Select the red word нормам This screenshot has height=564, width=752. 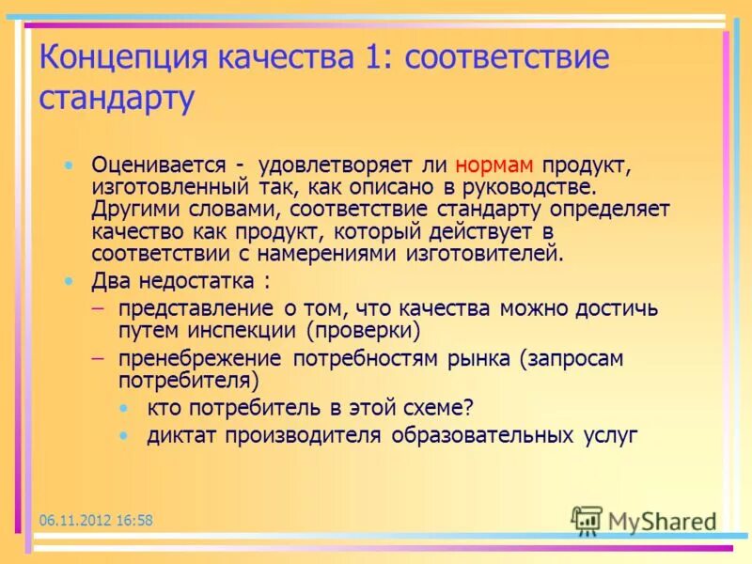click(496, 165)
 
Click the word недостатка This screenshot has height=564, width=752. click(197, 280)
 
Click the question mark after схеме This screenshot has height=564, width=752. click(468, 407)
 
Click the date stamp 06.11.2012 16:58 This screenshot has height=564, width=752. click(96, 520)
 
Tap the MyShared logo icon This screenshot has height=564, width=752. click(587, 520)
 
